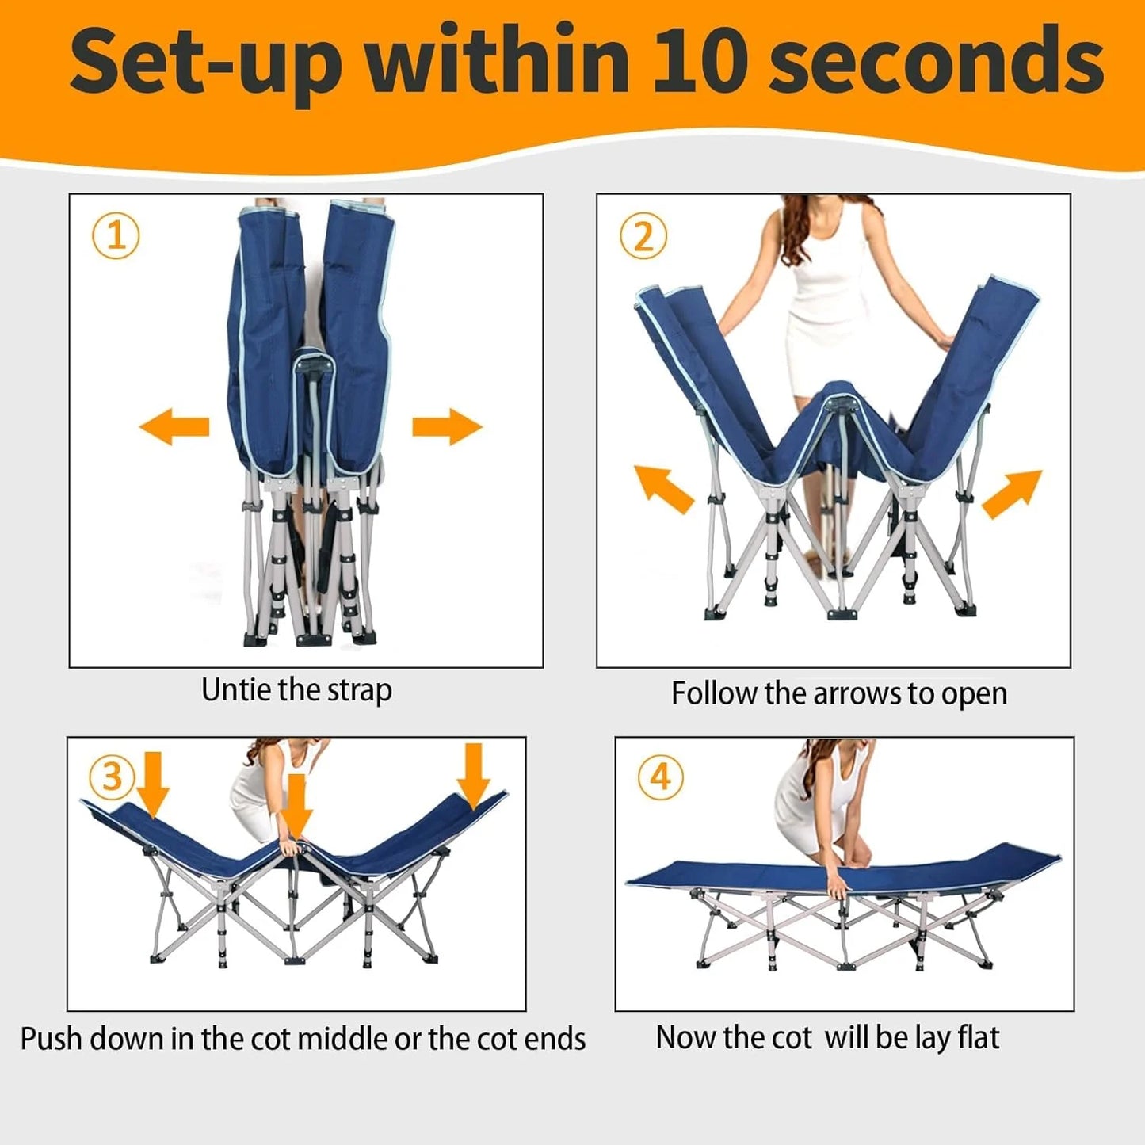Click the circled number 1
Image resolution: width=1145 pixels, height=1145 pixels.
(116, 236)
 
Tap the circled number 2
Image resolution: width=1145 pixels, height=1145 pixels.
(643, 236)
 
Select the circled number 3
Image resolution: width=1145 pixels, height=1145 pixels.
(113, 778)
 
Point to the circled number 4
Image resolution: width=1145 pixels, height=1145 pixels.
(661, 777)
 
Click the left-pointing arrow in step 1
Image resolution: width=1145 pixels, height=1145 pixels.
(174, 426)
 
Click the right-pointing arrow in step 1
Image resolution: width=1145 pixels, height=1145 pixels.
(448, 426)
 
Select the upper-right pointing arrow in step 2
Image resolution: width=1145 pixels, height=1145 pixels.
(1012, 494)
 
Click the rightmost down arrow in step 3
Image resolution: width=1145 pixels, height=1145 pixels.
(474, 777)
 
